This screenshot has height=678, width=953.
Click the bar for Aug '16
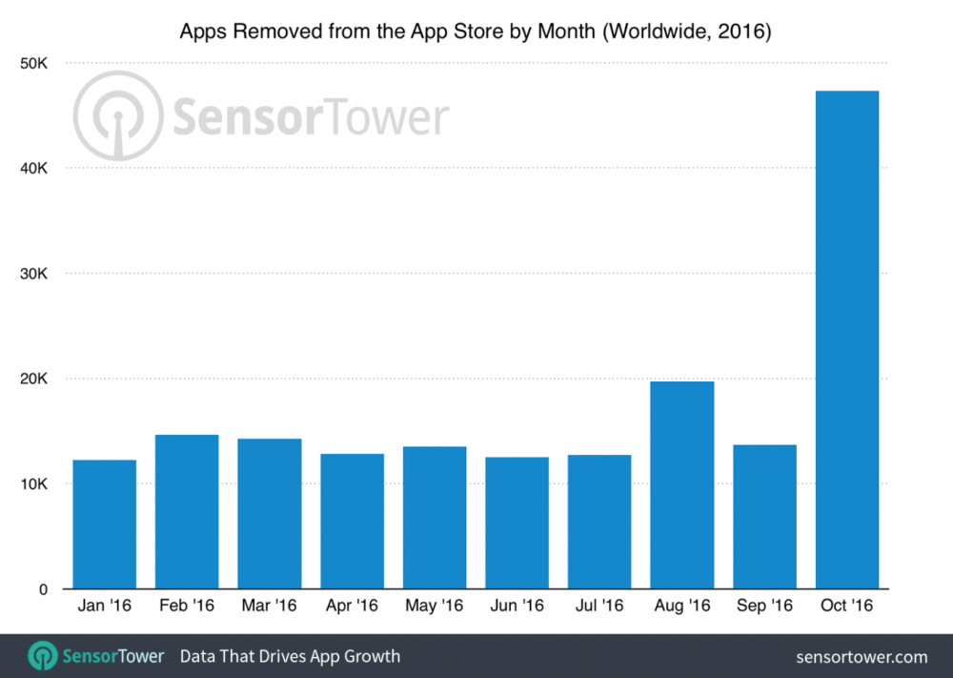pyautogui.click(x=682, y=485)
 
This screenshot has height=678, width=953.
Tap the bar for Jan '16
pyautogui.click(x=104, y=524)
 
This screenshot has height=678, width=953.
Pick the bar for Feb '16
pyautogui.click(x=187, y=512)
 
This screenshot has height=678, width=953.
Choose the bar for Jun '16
pyautogui.click(x=517, y=524)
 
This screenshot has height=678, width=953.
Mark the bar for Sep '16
pyautogui.click(x=765, y=517)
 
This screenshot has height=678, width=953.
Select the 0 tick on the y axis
pyautogui.click(x=44, y=589)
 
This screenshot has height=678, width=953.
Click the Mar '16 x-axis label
pyautogui.click(x=270, y=606)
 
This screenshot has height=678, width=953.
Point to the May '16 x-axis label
pyautogui.click(x=435, y=606)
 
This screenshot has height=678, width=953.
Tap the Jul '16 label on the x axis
pyautogui.click(x=599, y=606)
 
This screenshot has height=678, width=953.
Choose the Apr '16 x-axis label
pyautogui.click(x=353, y=606)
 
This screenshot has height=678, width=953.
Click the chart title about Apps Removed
pyautogui.click(x=476, y=32)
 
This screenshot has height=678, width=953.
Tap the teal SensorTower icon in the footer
pyautogui.click(x=41, y=656)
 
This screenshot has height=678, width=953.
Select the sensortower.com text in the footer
pyautogui.click(x=862, y=657)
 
